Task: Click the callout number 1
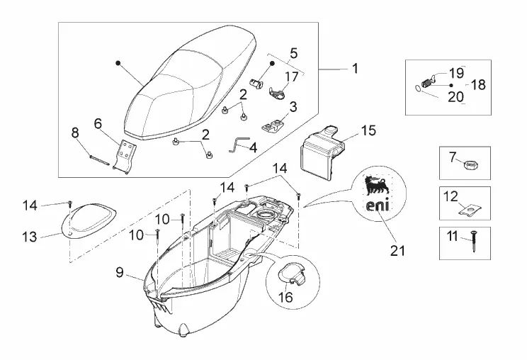click(354, 69)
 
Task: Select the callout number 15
click(368, 130)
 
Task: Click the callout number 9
click(120, 271)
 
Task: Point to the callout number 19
click(455, 73)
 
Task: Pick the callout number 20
click(455, 96)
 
